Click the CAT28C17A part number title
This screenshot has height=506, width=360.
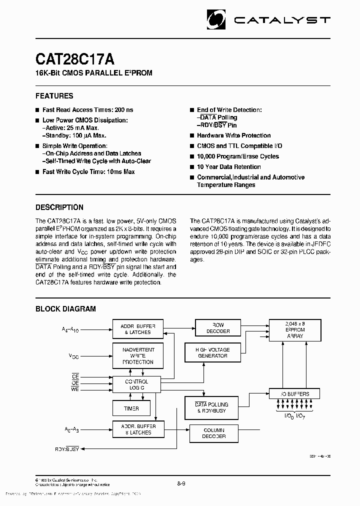(x=75, y=59)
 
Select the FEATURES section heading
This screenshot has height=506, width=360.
(x=54, y=96)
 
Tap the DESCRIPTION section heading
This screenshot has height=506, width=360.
(x=59, y=207)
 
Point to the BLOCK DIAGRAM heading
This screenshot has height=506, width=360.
(x=65, y=309)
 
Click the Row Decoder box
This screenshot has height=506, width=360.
(x=218, y=328)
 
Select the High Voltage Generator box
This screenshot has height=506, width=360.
(x=213, y=352)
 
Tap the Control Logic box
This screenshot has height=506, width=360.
(x=136, y=384)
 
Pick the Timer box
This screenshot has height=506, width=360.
(x=131, y=408)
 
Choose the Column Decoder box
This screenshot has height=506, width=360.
(x=214, y=433)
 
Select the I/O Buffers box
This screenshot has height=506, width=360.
(x=294, y=394)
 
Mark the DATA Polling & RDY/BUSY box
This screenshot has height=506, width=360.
(x=211, y=407)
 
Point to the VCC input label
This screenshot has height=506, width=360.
(x=73, y=356)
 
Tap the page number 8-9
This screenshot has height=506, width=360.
(x=181, y=484)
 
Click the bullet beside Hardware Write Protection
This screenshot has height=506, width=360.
(x=192, y=135)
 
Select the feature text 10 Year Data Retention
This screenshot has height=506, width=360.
(x=228, y=167)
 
